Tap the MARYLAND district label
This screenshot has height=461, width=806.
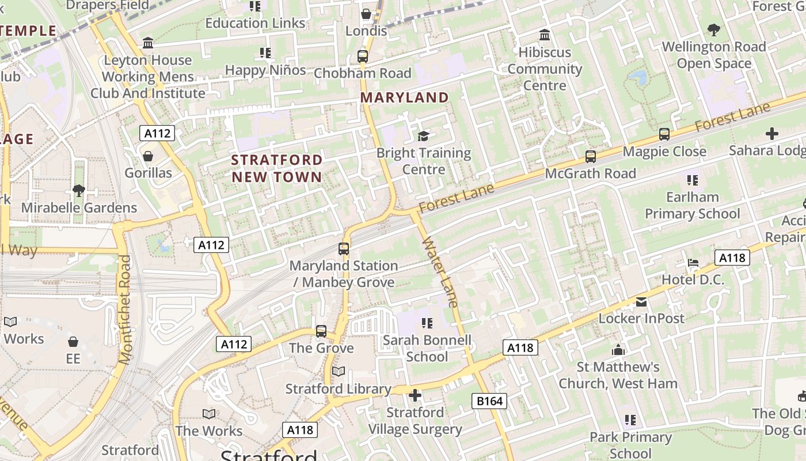404,97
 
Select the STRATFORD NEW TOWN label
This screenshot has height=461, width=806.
277,168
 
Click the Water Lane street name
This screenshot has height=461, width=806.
440,271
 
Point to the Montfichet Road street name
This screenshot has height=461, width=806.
124,310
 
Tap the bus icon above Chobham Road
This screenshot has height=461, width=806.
363,56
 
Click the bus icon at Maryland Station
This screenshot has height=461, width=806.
344,249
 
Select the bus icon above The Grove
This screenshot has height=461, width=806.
321,331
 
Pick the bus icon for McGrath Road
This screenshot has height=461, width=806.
591,157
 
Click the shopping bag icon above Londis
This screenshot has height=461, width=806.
366,14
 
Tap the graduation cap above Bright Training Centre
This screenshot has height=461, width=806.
424,136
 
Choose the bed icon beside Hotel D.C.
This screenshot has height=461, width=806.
693,263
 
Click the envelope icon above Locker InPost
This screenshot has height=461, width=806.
641,302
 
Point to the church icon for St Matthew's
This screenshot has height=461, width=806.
618,350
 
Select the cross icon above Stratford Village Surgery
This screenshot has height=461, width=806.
415,395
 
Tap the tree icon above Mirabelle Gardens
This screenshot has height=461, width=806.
79,190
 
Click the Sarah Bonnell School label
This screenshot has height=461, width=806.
427,348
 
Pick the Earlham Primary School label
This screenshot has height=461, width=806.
693,205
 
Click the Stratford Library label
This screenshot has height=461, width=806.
339,389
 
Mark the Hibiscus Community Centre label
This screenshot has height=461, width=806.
545,69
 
